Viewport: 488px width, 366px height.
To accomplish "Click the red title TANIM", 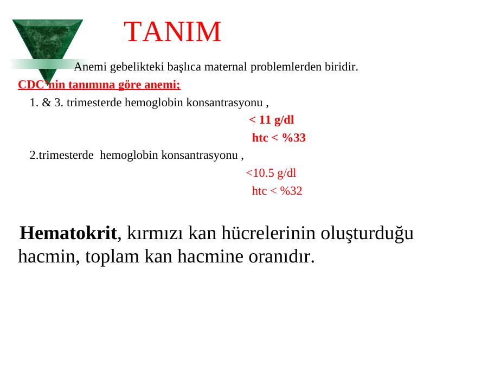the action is [172, 31].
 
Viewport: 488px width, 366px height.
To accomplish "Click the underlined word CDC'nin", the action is [41, 85].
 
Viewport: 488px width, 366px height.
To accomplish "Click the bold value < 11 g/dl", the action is [272, 120].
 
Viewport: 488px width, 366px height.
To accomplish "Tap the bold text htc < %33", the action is [279, 138].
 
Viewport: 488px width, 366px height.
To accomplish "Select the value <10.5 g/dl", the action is [271, 173].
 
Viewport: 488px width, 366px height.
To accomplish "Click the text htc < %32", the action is [277, 191].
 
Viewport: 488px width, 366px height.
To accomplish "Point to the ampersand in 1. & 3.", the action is [47, 102].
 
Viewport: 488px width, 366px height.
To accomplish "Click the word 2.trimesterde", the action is [62, 155].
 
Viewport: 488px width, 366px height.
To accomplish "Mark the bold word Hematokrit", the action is [68, 233].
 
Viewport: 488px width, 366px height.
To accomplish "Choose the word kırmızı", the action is [155, 233].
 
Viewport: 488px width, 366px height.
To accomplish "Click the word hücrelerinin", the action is [268, 233].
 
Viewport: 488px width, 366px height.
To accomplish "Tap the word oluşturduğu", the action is [367, 233].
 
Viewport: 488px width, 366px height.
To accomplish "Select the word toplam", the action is [112, 257].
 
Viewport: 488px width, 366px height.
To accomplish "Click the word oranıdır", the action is [281, 257].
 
